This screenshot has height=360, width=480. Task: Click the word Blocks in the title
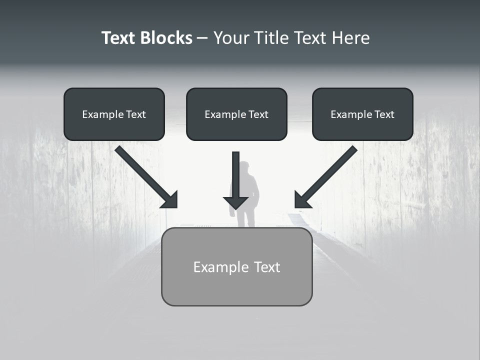(166, 38)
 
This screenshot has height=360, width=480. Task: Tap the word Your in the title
(231, 38)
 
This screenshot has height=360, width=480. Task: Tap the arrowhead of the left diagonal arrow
(169, 199)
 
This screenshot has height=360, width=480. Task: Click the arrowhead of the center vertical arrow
(235, 202)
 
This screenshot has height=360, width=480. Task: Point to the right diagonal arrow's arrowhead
(302, 199)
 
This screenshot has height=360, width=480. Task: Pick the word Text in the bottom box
(267, 267)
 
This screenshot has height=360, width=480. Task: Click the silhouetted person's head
(245, 167)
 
